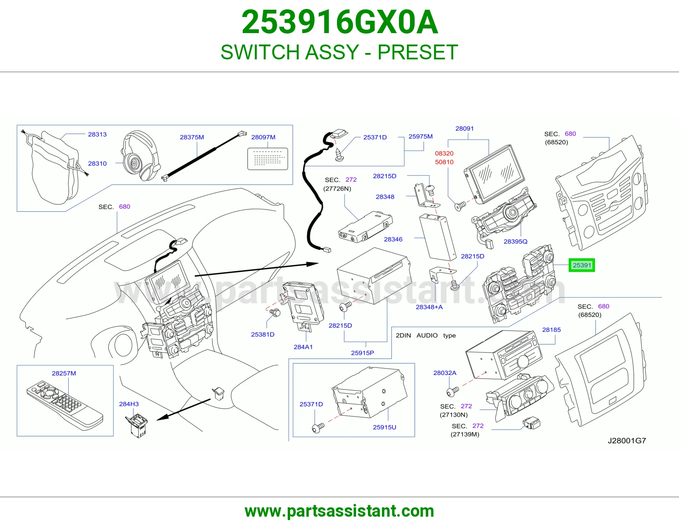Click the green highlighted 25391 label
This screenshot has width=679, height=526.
pos(581,265)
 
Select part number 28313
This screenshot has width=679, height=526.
pos(97,134)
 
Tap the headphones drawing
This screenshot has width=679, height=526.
pos(140,155)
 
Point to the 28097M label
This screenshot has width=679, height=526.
pos(263,137)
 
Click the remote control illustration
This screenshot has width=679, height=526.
pos(65,406)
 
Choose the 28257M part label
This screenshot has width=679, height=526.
pos(64,373)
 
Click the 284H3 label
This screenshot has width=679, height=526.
pos(129,404)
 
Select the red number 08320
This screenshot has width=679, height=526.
pos(444,154)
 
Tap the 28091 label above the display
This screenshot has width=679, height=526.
pos(464,129)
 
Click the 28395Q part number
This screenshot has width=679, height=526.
pos(515,241)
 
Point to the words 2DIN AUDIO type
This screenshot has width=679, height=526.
pos(426,336)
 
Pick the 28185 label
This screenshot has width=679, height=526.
pos(551,330)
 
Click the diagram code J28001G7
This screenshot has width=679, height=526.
pos(626,441)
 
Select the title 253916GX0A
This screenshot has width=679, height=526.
pos(339,22)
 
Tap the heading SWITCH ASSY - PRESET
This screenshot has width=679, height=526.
pos(339,52)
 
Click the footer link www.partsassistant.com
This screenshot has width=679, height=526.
pos(339,511)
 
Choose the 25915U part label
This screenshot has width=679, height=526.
pos(384,427)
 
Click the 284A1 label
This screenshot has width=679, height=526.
pos(303,347)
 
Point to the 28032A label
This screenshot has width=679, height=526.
pos(445,372)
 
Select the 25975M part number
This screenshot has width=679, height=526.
pos(421,137)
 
